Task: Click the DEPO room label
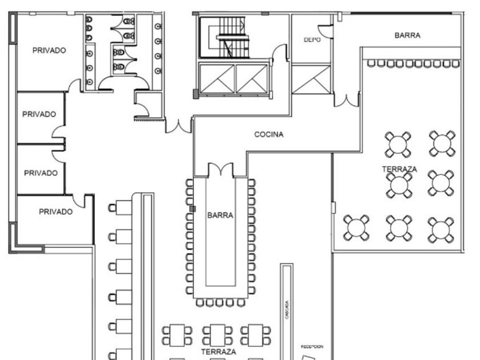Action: click(x=311, y=40)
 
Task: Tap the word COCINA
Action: click(x=269, y=135)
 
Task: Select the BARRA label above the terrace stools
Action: click(x=407, y=35)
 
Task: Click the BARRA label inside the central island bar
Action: click(x=220, y=215)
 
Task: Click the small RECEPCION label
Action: click(x=312, y=346)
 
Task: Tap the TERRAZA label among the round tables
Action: click(x=399, y=169)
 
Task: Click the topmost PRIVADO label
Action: click(x=49, y=50)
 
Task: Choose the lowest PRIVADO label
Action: click(x=55, y=211)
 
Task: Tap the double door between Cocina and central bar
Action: click(x=220, y=170)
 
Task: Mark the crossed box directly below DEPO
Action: click(x=311, y=79)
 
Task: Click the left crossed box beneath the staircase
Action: click(x=217, y=79)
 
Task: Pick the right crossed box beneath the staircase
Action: click(x=252, y=79)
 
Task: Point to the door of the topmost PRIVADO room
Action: click(x=75, y=86)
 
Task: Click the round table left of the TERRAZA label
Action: click(x=356, y=227)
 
